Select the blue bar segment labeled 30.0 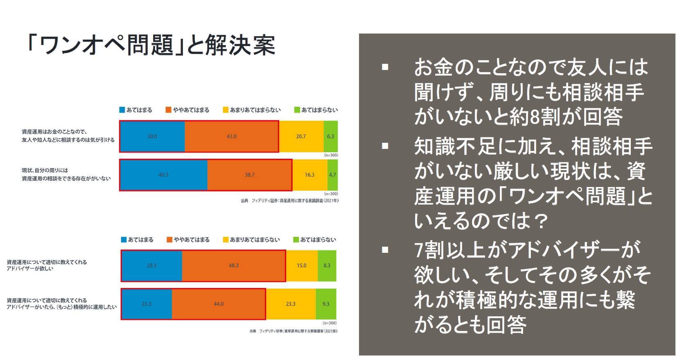[152, 136]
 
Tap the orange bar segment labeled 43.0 [232, 136]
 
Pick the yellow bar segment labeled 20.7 [301, 136]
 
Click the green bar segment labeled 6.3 [331, 136]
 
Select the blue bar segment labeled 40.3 [163, 175]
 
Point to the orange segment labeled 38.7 [250, 175]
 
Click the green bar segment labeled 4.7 [332, 175]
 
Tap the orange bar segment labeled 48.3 [233, 265]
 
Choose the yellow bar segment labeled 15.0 [301, 265]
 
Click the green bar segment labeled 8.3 [327, 265]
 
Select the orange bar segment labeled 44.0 [219, 304]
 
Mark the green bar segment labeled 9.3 [326, 304]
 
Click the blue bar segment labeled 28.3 [151, 265]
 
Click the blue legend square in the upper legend [122, 110]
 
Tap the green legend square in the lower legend [296, 240]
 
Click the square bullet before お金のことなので [385, 67]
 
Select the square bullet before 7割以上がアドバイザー [385, 250]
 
